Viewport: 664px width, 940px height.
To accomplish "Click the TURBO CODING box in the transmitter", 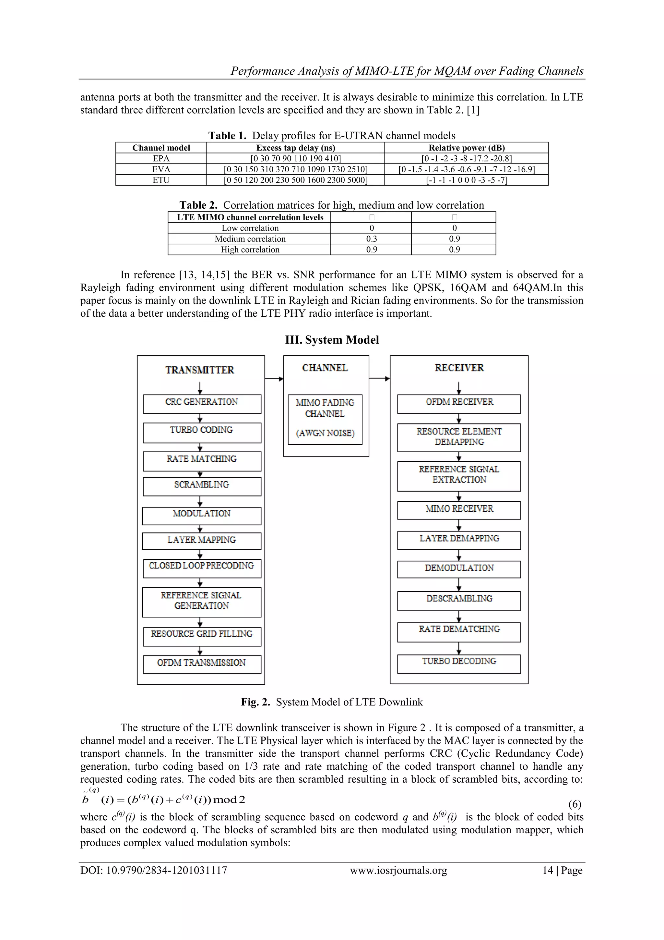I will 202,432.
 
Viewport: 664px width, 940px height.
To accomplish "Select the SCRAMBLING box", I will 202,486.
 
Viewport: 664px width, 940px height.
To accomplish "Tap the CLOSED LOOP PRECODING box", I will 202,568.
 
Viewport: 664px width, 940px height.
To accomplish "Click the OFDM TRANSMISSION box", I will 202,664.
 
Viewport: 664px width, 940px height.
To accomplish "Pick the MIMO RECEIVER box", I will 459,510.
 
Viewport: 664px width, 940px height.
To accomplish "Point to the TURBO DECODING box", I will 459,664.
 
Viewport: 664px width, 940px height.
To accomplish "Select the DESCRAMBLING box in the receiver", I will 459,601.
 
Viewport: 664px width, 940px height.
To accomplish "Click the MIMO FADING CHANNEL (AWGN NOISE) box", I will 325,419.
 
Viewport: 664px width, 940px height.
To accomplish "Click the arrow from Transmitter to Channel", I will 274,379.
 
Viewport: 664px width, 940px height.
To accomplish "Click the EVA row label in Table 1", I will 161,169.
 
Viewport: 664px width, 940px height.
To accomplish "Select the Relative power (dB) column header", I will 467,148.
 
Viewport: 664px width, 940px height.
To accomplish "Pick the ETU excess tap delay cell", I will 295,180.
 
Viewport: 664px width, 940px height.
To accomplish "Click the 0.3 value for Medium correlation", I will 371,239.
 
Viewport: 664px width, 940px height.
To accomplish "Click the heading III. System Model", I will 332,340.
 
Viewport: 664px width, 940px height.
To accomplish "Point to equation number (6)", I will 575,804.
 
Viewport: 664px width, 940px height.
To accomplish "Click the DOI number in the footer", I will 153,870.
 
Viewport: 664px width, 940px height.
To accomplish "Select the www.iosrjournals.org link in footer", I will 398,870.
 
